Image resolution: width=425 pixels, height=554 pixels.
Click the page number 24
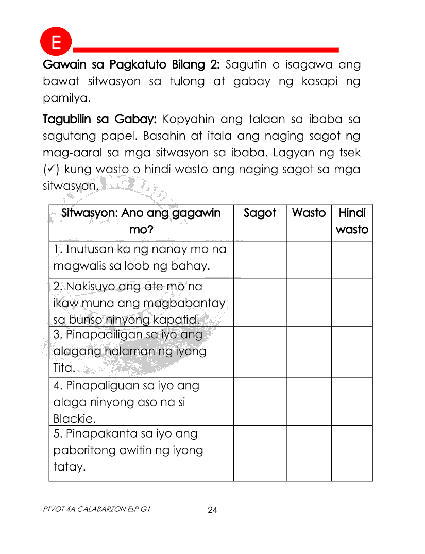(212, 510)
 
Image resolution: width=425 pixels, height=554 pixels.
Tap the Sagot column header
(260, 213)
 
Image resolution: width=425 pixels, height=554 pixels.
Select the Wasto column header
(309, 213)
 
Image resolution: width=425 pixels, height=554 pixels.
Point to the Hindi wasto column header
(352, 222)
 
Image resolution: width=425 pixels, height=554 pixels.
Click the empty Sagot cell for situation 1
(260, 260)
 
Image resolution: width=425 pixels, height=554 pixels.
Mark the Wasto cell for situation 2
(309, 303)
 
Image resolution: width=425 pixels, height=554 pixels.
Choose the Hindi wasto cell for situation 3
(352, 351)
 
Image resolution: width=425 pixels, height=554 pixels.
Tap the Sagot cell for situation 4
(260, 401)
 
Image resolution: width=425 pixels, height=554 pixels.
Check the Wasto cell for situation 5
(309, 454)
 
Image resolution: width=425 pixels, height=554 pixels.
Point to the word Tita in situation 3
(64, 368)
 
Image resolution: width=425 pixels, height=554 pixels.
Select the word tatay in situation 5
(69, 467)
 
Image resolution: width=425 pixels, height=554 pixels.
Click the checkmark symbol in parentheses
(50, 169)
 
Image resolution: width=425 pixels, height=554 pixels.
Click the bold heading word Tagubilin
(69, 120)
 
